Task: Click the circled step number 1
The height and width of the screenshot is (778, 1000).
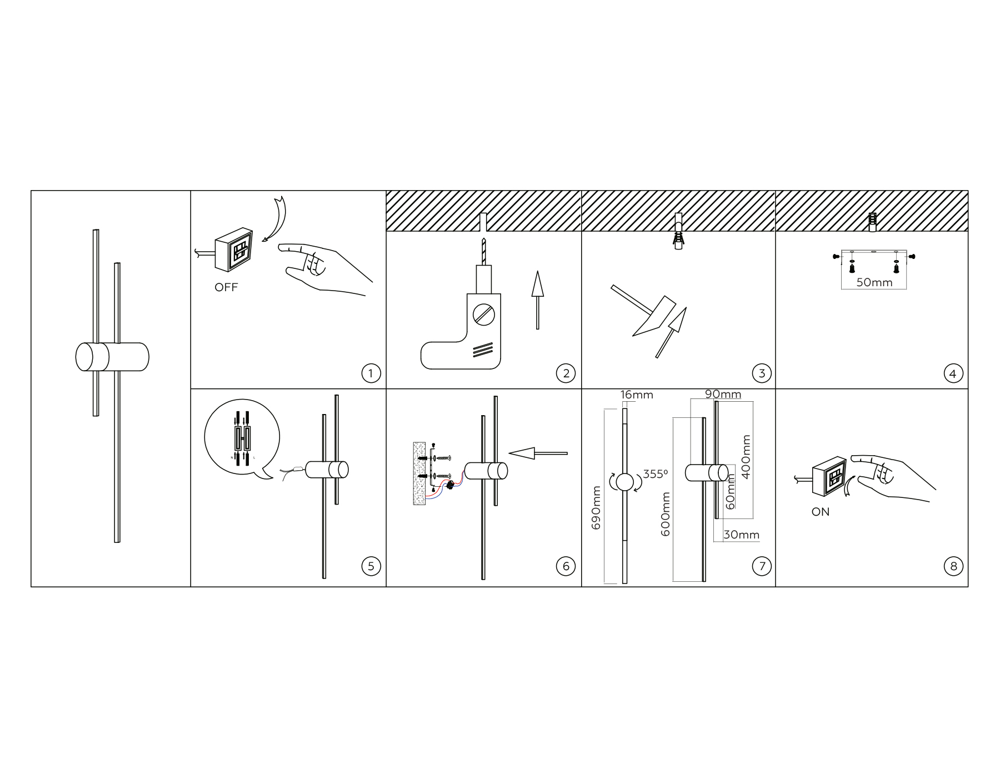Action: pos(371,373)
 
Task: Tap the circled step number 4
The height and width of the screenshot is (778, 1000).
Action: pos(953,373)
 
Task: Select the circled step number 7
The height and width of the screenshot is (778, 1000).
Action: pos(762,566)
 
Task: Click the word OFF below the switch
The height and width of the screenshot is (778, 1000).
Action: pos(226,287)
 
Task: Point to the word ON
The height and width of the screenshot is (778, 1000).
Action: pos(821,512)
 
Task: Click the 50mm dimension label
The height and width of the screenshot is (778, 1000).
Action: pos(874,282)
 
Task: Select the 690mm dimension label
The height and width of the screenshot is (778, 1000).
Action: pos(596,507)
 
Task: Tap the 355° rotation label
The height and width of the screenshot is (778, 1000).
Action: pos(656,474)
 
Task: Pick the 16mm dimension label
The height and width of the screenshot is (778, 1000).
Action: pos(637,395)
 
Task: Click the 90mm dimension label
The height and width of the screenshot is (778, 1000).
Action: pos(723,394)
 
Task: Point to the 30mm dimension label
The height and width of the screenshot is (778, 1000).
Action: pos(741,535)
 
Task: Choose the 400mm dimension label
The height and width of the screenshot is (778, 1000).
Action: pos(746,456)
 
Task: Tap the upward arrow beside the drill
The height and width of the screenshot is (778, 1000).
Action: pos(537,300)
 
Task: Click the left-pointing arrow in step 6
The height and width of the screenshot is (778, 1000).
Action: pos(538,453)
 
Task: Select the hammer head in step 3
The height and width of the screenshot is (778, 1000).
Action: pos(655,317)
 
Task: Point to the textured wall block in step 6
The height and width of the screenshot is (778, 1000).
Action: pos(419,473)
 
